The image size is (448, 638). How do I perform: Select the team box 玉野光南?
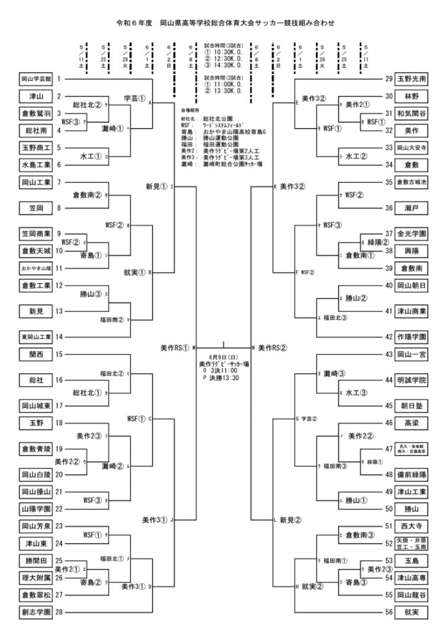point(411,79)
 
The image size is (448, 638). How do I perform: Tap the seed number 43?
point(389,354)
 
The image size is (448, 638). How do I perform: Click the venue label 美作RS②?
point(273,347)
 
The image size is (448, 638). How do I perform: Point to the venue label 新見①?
point(157,187)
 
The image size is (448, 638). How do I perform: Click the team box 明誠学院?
point(411,380)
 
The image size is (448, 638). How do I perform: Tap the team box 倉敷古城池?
point(411,182)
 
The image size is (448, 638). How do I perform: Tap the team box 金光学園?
point(411,234)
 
